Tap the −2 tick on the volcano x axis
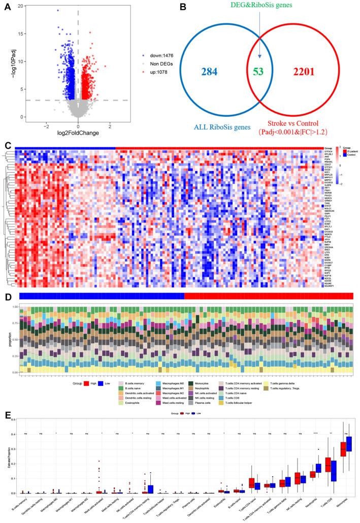point(46,128)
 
